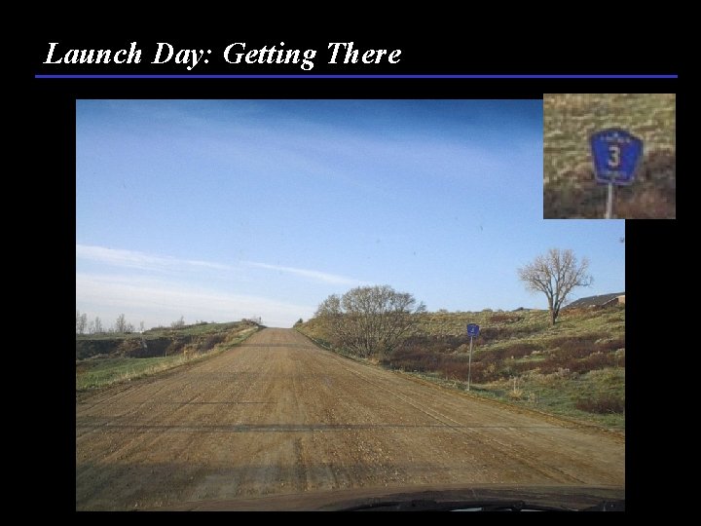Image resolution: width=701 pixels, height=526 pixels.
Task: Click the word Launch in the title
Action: (x=93, y=55)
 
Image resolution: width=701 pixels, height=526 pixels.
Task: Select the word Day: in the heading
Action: (x=183, y=55)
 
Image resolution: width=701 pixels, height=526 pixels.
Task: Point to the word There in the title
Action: (x=364, y=55)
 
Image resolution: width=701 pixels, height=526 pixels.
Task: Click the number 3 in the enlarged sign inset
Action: (x=614, y=156)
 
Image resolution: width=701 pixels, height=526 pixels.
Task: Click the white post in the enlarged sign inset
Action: (x=609, y=200)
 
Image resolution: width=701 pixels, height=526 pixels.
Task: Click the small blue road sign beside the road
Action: (x=472, y=330)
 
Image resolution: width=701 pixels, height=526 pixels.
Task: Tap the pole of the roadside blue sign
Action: (x=471, y=362)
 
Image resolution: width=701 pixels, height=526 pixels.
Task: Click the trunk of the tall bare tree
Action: (x=553, y=310)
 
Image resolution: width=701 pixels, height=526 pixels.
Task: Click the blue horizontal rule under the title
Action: (x=356, y=76)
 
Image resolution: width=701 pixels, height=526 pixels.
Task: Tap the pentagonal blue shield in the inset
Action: (x=615, y=156)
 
